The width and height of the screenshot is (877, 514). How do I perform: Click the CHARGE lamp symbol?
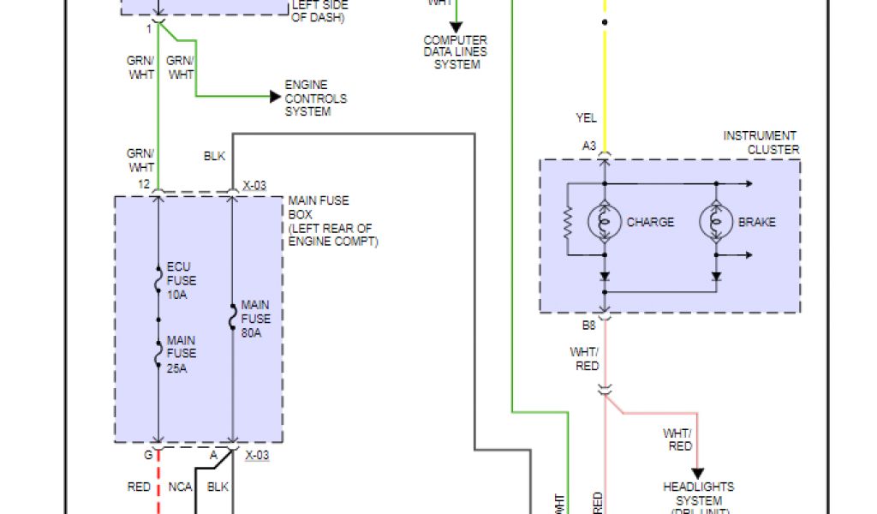click(605, 221)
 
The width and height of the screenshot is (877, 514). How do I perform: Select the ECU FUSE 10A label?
click(182, 280)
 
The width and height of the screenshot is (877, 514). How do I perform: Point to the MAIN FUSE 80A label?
click(255, 319)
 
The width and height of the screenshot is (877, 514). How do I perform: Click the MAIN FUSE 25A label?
click(182, 353)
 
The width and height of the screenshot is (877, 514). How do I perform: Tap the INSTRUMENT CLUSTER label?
click(761, 142)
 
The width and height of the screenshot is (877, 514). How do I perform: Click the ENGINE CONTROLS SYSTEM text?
click(316, 99)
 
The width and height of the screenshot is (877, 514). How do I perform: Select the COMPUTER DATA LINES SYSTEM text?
click(456, 52)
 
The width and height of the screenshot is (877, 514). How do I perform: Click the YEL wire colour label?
click(587, 117)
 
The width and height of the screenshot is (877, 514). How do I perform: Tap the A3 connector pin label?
click(589, 146)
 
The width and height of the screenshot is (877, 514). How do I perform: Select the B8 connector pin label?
click(589, 326)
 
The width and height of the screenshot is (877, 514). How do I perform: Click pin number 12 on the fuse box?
click(143, 184)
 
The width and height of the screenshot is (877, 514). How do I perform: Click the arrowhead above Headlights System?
click(697, 474)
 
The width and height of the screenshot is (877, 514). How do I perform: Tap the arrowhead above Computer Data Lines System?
click(456, 28)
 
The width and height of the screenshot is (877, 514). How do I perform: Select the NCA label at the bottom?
click(180, 487)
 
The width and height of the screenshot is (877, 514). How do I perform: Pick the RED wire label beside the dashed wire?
click(139, 487)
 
